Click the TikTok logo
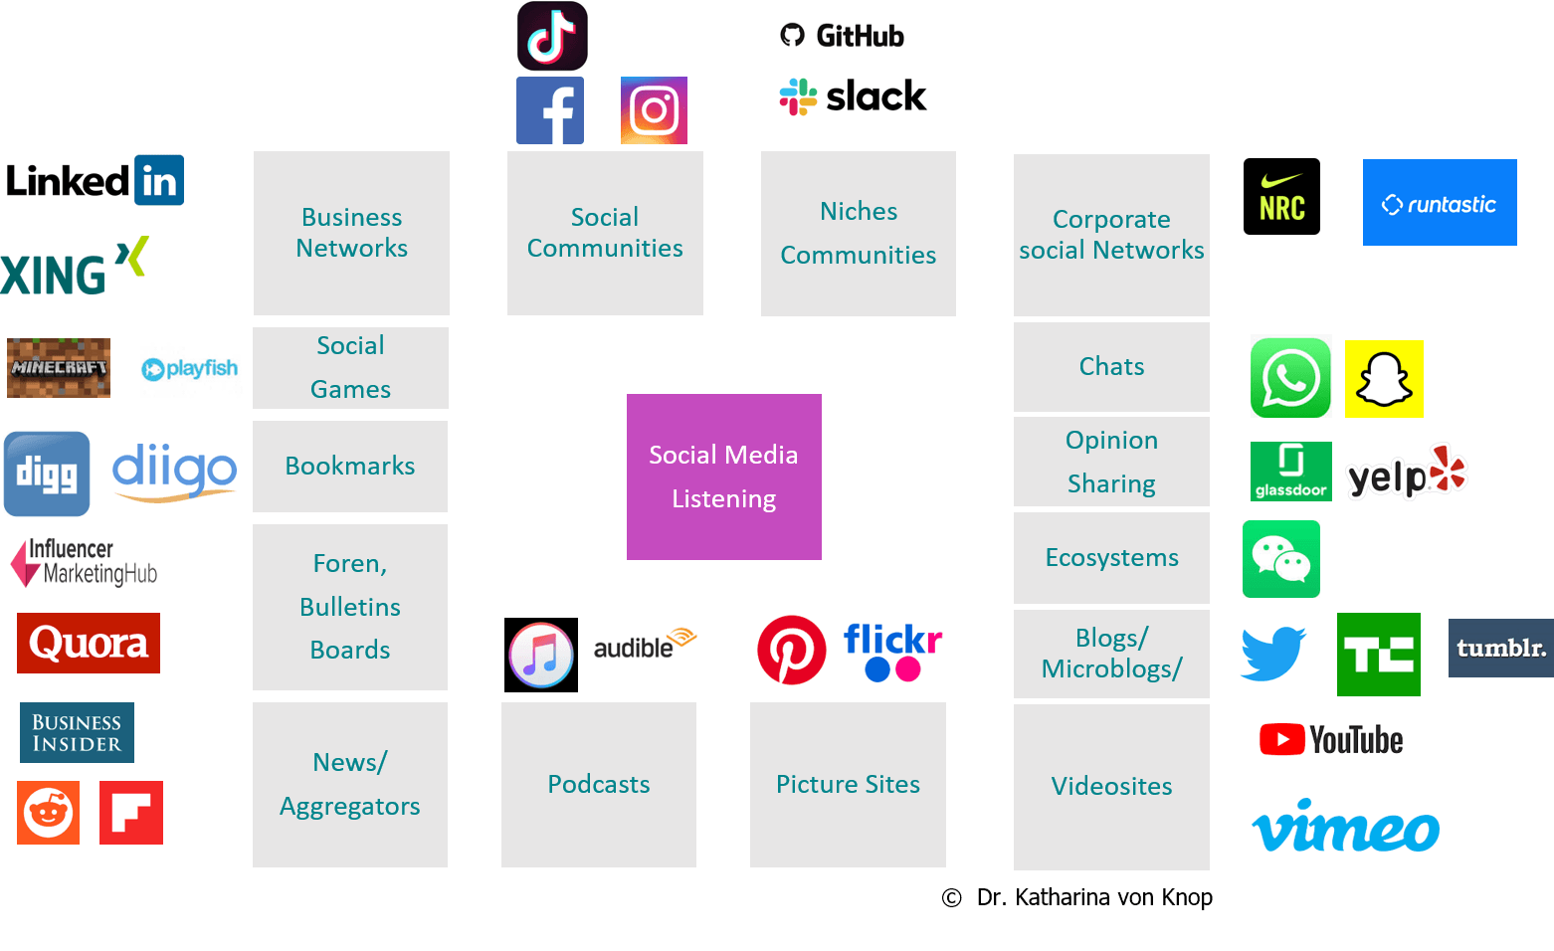[552, 36]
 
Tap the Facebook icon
[550, 111]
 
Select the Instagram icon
[654, 110]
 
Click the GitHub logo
[841, 34]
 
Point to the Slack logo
[853, 97]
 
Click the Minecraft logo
[59, 368]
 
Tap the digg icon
[47, 474]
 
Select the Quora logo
[89, 643]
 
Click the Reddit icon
[48, 813]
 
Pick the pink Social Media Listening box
[723, 476]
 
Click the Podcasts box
[598, 784]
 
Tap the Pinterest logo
[792, 651]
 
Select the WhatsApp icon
[1290, 377]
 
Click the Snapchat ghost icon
[1384, 379]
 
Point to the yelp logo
[1406, 473]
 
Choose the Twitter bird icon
[1273, 654]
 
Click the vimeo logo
[1345, 826]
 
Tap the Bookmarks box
[350, 466]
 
